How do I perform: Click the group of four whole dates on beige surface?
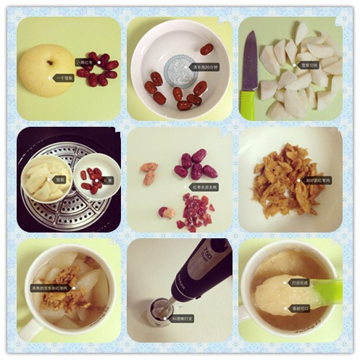click(x=196, y=166)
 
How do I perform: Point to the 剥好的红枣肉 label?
click(x=317, y=180)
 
